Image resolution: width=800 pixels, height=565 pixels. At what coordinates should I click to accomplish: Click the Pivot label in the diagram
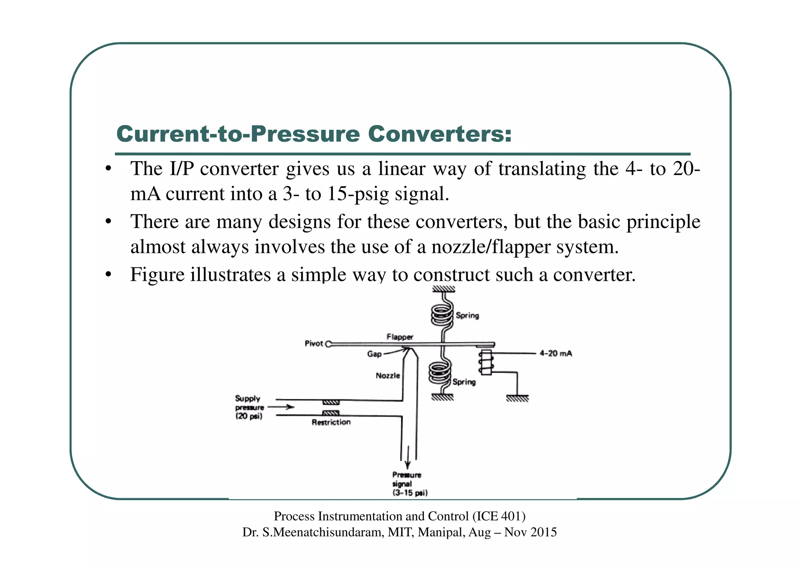tap(314, 344)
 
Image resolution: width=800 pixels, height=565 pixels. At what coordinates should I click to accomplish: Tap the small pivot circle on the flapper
tap(329, 344)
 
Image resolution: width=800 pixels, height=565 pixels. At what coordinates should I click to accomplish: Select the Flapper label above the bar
tap(400, 337)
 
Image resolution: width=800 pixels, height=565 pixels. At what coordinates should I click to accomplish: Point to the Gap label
tap(374, 354)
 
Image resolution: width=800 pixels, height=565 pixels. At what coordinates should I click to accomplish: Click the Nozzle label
tap(387, 376)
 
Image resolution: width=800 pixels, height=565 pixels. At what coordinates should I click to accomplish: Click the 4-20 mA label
tap(555, 353)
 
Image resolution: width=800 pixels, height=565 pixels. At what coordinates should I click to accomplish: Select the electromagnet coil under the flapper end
tap(486, 362)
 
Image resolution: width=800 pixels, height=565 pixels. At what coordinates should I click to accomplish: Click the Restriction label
tap(331, 422)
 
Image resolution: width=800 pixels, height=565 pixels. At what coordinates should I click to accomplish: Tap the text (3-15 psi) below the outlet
tap(410, 493)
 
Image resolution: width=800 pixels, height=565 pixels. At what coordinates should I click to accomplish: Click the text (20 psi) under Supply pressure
tap(248, 416)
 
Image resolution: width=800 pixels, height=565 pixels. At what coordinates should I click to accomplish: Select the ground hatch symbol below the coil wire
tap(517, 398)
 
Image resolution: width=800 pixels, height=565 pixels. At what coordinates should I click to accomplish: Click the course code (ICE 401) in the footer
tap(499, 516)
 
